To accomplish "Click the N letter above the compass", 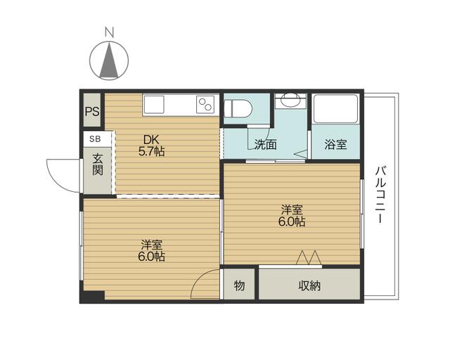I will click(109, 32).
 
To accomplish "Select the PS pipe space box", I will click(92, 111).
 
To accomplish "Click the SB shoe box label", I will click(94, 140).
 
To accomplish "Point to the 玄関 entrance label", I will click(96, 167).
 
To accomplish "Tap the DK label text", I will click(151, 138).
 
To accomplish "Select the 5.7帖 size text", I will click(151, 150).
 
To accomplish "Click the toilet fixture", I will click(237, 108).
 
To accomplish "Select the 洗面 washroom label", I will click(265, 146).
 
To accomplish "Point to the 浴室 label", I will click(335, 146).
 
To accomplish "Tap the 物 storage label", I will click(239, 285).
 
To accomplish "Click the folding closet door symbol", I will click(309, 258).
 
